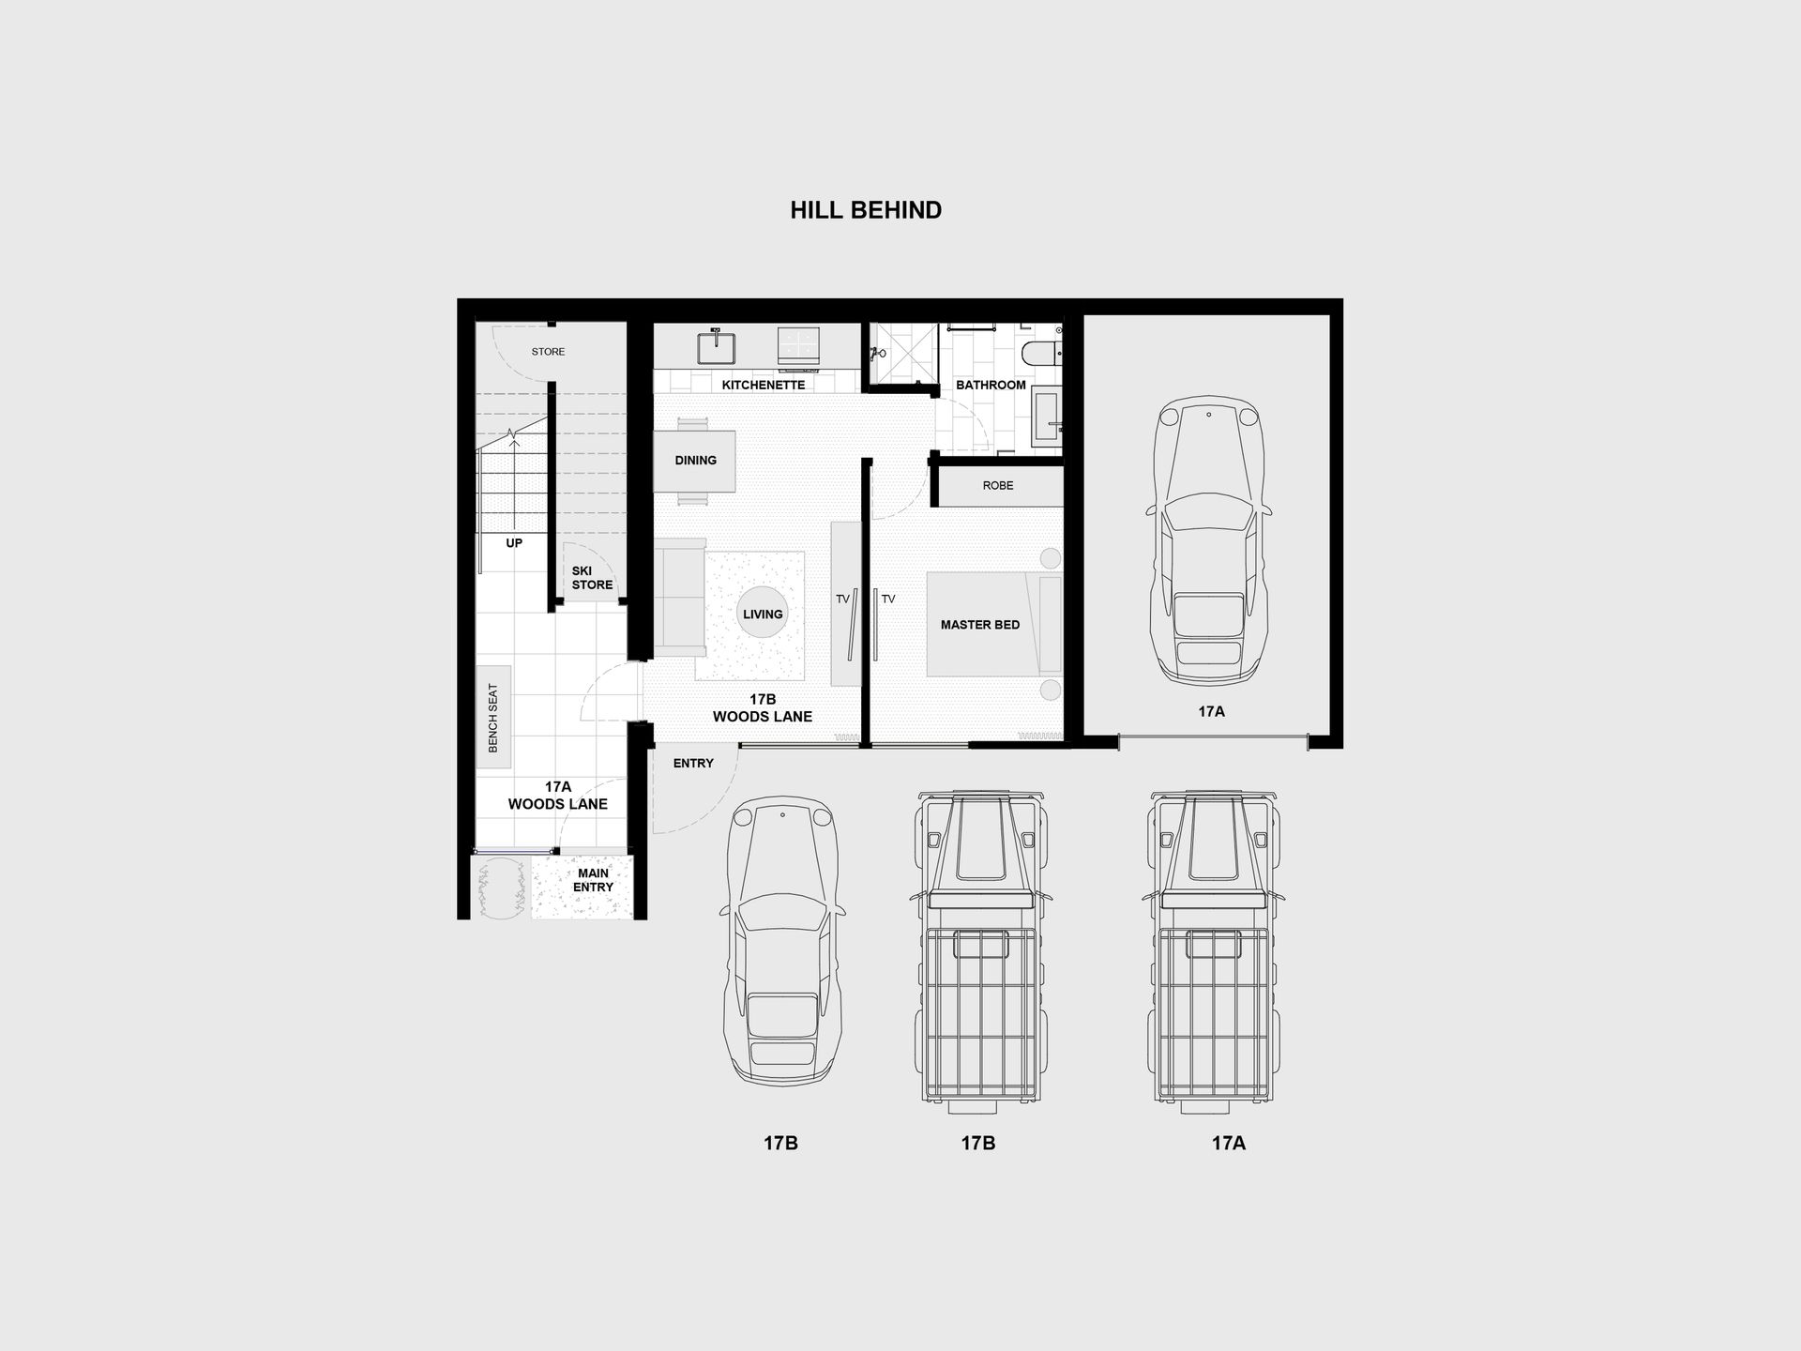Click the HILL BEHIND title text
click(866, 210)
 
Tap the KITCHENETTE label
click(764, 385)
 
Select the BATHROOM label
click(991, 385)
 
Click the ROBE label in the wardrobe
click(998, 485)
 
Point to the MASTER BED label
click(980, 625)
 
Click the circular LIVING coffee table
click(763, 614)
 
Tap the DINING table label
click(696, 461)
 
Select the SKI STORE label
click(592, 578)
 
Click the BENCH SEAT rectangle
click(493, 717)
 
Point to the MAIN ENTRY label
click(594, 880)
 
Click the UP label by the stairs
click(514, 543)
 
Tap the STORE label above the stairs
click(549, 352)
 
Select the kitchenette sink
click(717, 346)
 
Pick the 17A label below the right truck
click(1229, 1143)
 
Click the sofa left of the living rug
click(680, 598)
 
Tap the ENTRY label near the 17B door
click(693, 764)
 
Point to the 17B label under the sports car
click(780, 1143)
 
